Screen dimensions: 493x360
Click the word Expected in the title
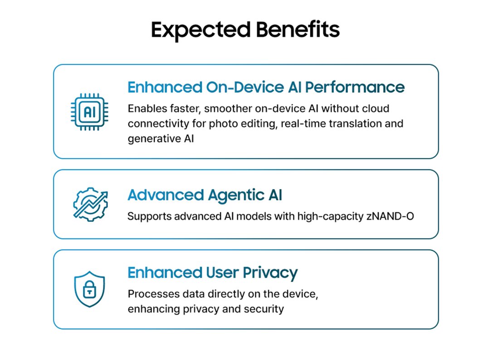click(200, 30)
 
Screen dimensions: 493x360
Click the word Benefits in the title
click(298, 29)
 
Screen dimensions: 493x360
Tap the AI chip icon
click(90, 112)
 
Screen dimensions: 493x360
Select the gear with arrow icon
click(91, 204)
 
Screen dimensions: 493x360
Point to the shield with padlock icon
click(90, 289)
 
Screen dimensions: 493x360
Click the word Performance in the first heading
click(355, 88)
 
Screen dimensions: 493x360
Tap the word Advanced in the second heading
click(166, 195)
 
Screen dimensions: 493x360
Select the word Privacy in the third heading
click(270, 273)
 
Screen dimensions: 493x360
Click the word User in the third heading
click(222, 272)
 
